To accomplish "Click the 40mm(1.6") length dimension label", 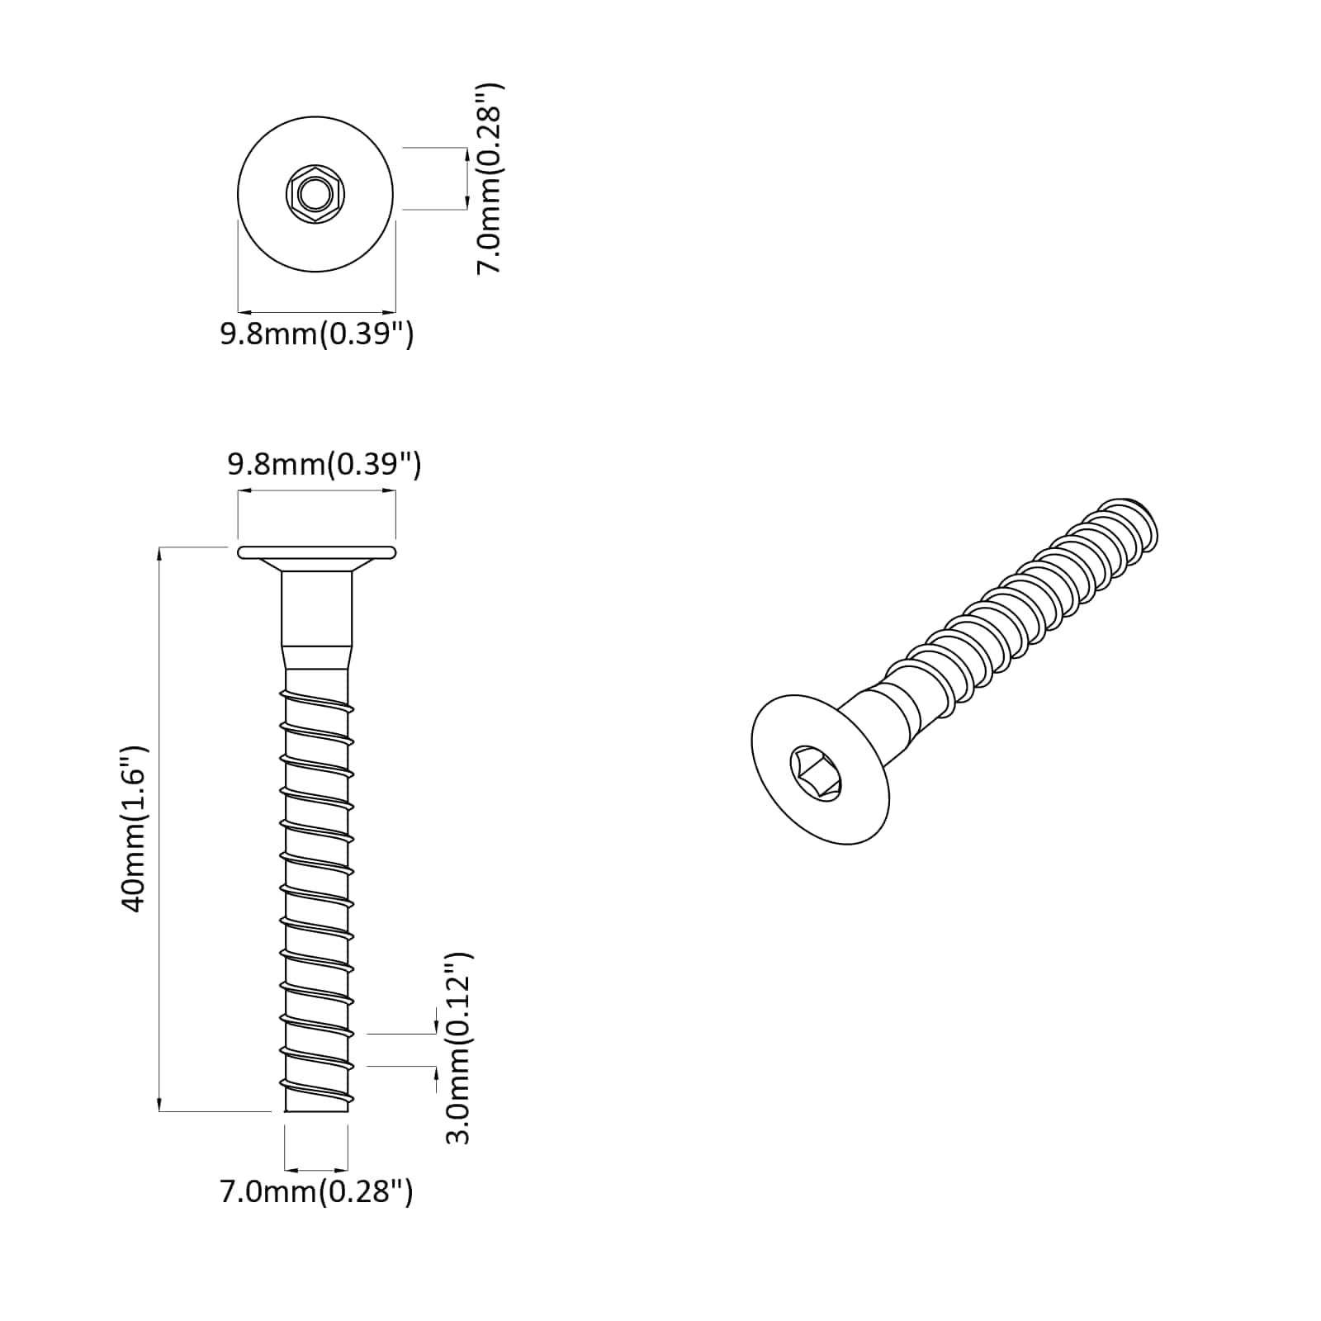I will click(134, 829).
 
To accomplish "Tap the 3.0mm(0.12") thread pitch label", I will click(458, 1048).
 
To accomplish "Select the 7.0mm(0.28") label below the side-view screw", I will click(316, 1192).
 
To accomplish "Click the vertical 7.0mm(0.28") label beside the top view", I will click(490, 178).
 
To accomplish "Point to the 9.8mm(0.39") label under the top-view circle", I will click(316, 334).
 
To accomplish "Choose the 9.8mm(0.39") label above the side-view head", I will click(324, 464).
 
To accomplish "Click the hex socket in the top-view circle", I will click(315, 196).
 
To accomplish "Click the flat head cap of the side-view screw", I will click(316, 552).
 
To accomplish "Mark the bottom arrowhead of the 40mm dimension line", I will click(159, 1106).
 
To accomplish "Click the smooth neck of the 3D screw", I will click(888, 702).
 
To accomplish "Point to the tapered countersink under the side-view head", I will click(316, 566).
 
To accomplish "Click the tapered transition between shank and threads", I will click(316, 658).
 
